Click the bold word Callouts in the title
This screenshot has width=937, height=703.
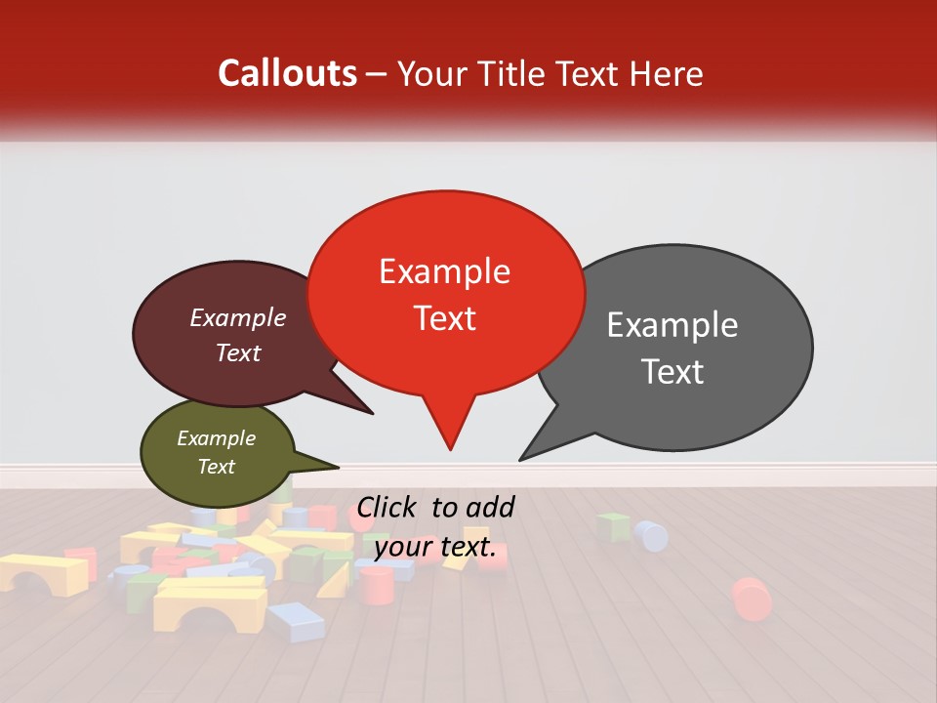point(287,73)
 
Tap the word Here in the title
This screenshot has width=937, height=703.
point(665,73)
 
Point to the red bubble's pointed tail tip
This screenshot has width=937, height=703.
point(450,449)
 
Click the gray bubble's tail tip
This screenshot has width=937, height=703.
point(520,459)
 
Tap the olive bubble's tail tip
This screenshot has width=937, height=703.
point(338,468)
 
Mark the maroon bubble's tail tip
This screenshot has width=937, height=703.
point(372,413)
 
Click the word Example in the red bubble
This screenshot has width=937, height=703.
point(444,271)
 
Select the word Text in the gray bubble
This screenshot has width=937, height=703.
point(672,372)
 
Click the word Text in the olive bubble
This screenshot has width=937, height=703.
point(216,467)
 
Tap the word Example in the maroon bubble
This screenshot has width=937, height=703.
point(237,318)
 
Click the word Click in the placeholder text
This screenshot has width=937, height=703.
point(388,507)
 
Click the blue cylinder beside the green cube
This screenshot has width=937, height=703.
point(651,535)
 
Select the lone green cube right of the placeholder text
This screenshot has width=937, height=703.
point(613,527)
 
